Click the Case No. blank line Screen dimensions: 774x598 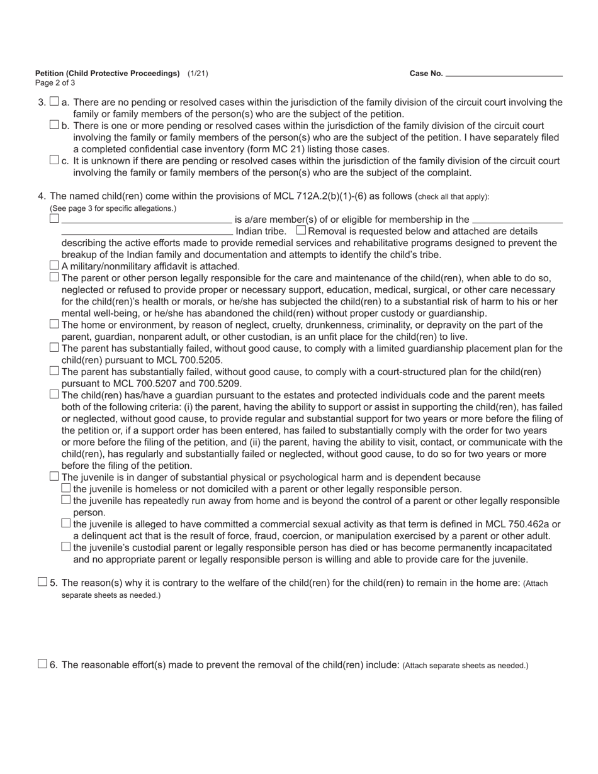pos(504,74)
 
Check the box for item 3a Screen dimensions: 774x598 pos(54,101)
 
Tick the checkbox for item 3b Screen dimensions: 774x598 pos(54,125)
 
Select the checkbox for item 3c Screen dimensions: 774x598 pos(54,160)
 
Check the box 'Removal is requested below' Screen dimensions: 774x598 pos(301,230)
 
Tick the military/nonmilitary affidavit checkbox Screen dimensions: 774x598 pos(54,266)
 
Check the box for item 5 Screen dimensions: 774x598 pos(42,582)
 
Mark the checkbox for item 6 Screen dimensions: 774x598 pos(42,664)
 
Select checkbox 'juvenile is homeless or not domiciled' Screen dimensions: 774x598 pos(66,488)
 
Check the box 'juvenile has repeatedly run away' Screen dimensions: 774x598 pos(66,500)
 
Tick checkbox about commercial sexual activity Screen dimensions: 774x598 pos(66,524)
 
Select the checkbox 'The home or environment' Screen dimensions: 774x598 pos(54,324)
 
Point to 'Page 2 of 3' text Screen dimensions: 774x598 pos(55,83)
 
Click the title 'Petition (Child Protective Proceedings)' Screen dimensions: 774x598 pos(108,74)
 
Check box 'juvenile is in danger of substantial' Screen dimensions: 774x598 pos(54,476)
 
